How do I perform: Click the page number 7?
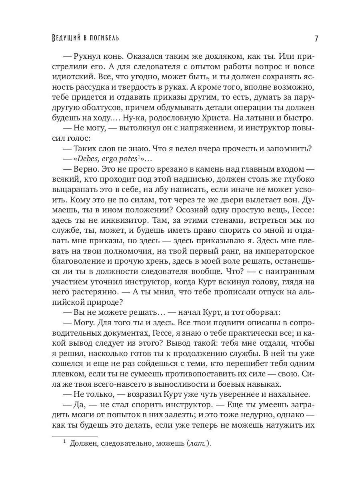pos(316,39)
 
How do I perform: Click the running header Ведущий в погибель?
pos(86,38)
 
